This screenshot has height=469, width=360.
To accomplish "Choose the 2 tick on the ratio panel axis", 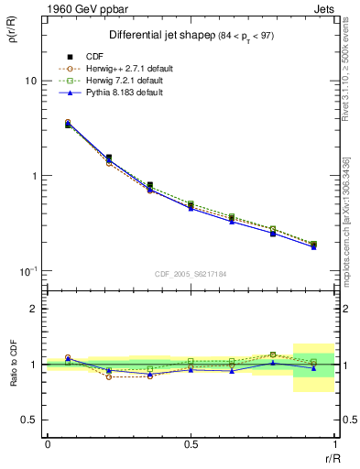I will point(32,309).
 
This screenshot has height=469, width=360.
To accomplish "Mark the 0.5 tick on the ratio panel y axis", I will point(27,420).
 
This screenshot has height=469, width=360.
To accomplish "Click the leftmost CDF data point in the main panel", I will point(68,124).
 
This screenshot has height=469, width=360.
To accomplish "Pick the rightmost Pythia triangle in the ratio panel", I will point(313,368).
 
